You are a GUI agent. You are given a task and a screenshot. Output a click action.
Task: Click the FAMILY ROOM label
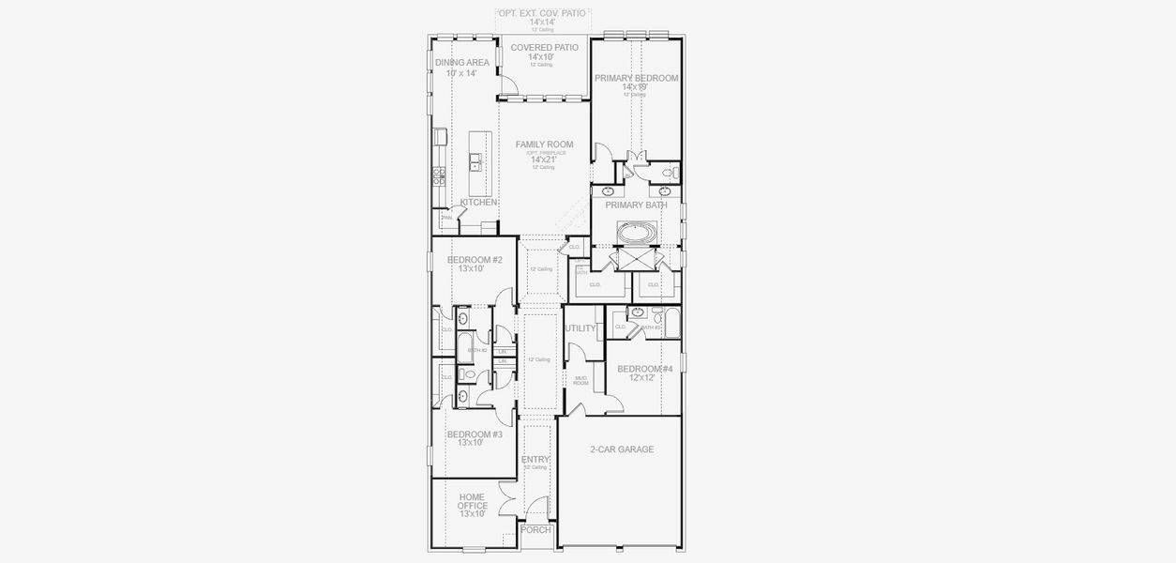click(544, 145)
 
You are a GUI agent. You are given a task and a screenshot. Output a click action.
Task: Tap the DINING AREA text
click(461, 63)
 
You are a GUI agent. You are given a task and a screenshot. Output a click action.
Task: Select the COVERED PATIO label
click(544, 47)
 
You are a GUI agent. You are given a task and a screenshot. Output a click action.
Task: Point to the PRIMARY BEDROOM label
click(636, 79)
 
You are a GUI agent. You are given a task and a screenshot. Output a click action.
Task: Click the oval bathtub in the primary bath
click(637, 231)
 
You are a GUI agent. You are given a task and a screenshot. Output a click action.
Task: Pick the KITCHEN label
click(478, 203)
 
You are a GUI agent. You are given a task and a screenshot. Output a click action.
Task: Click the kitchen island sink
click(476, 165)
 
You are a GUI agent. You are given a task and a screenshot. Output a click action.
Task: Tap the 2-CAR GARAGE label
click(622, 449)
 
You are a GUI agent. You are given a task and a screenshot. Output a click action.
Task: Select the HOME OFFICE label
click(472, 501)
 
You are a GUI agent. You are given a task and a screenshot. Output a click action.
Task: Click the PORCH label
click(535, 530)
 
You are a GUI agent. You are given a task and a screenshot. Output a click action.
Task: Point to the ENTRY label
click(535, 459)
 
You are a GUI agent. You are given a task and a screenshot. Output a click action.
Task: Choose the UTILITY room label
click(580, 328)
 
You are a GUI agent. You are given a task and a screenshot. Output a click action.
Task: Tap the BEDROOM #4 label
click(644, 369)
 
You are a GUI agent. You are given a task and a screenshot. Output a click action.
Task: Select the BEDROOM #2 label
click(475, 260)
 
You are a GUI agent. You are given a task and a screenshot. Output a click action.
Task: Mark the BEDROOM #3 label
click(475, 434)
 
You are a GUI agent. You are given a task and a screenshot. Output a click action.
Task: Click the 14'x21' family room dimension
click(543, 160)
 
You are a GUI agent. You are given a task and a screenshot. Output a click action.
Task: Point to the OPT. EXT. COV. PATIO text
click(543, 13)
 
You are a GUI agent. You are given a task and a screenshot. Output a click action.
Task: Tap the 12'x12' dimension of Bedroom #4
click(642, 378)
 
